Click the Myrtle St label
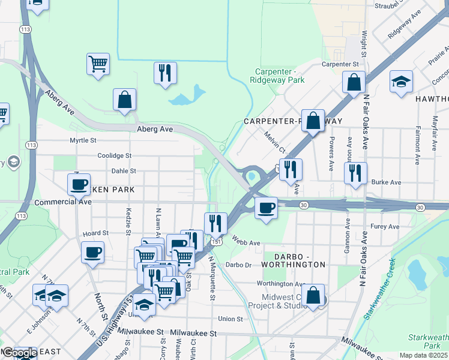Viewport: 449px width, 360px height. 83,140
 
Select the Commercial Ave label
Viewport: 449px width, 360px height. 62,202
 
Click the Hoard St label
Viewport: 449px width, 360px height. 95,233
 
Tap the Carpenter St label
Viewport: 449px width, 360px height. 340,64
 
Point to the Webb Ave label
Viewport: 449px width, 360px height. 246,243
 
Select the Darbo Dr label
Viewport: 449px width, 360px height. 238,265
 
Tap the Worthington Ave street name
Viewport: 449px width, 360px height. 281,283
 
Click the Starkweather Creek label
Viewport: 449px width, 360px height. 377,290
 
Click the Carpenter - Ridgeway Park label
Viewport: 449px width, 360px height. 277,75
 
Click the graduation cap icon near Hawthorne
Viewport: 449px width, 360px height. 402,82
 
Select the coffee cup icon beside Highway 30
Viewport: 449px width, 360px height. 266,208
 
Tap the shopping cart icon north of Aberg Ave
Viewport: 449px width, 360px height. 98,63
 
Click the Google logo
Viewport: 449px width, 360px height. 19,353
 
